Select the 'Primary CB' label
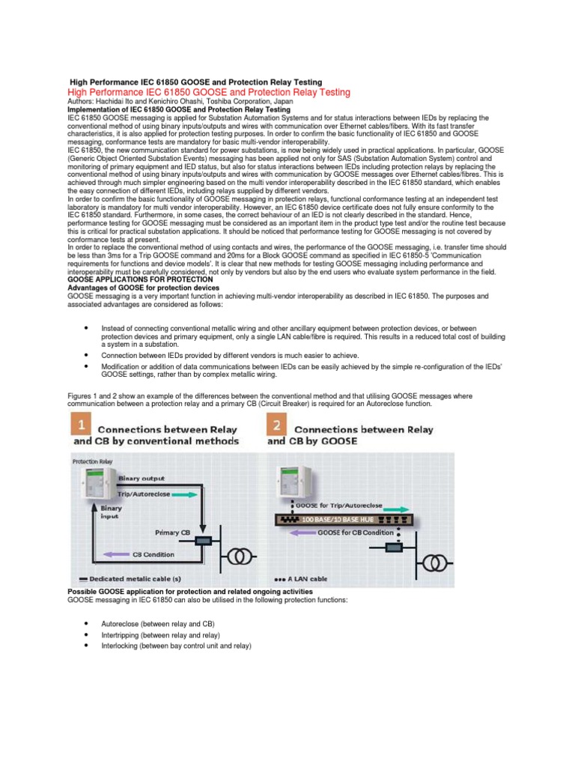click(x=173, y=532)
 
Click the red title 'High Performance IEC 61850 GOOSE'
click(x=208, y=91)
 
